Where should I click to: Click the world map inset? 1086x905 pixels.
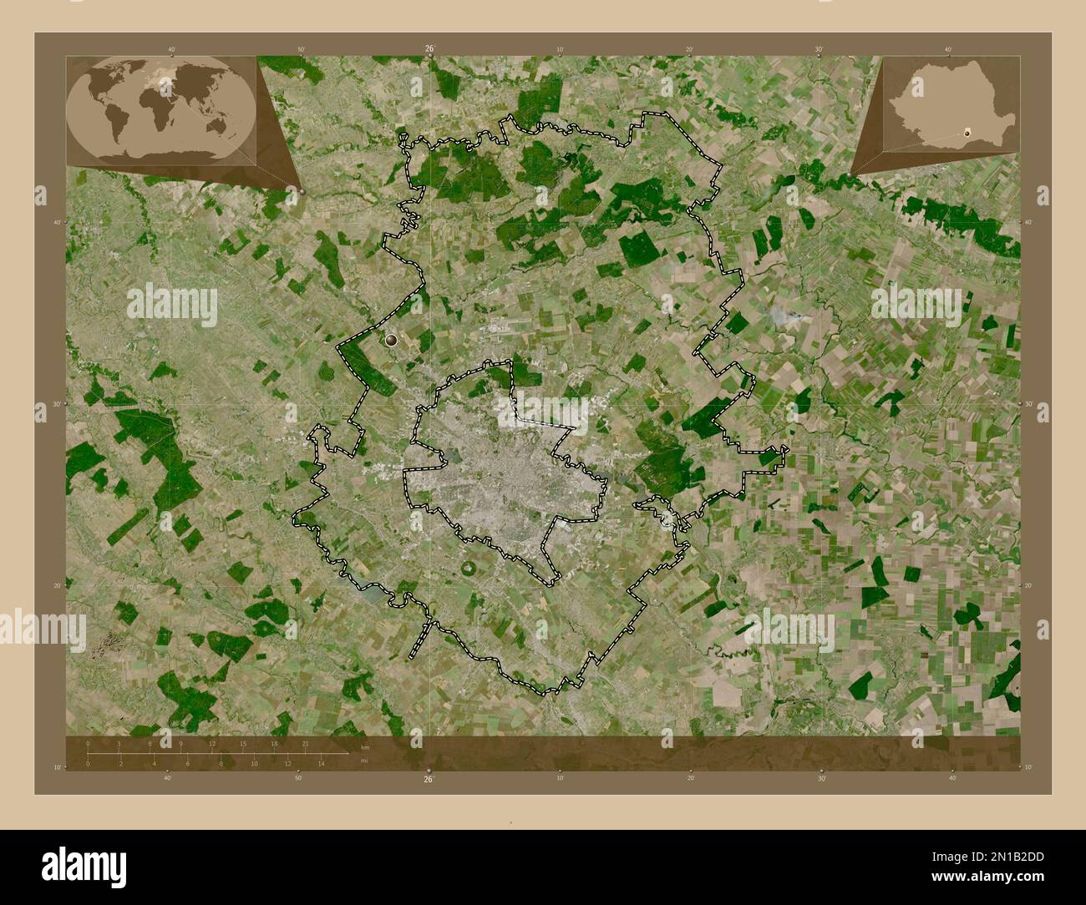tap(161, 107)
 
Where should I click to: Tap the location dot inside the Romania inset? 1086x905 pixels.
tap(968, 131)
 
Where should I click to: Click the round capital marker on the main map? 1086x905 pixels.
tap(393, 339)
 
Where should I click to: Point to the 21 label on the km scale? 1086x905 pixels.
tap(306, 743)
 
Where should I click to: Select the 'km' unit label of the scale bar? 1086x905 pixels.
tap(365, 746)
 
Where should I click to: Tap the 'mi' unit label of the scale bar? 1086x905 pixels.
tap(364, 761)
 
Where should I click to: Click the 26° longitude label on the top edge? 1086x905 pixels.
tap(429, 48)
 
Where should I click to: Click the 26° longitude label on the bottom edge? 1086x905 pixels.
tap(428, 779)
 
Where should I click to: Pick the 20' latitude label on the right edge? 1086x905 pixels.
tap(1028, 585)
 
